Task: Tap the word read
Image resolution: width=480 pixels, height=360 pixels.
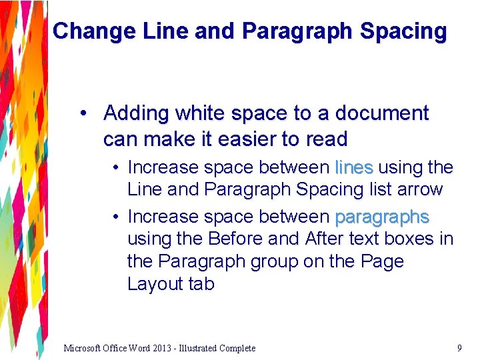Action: pos(325,139)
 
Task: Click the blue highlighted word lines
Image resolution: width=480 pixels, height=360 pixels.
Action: pos(354,167)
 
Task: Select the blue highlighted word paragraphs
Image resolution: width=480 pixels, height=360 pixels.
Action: pos(382,217)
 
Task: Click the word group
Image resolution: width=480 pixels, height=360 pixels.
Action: pos(274,261)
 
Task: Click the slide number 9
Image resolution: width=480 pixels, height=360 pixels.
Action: pos(459,347)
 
